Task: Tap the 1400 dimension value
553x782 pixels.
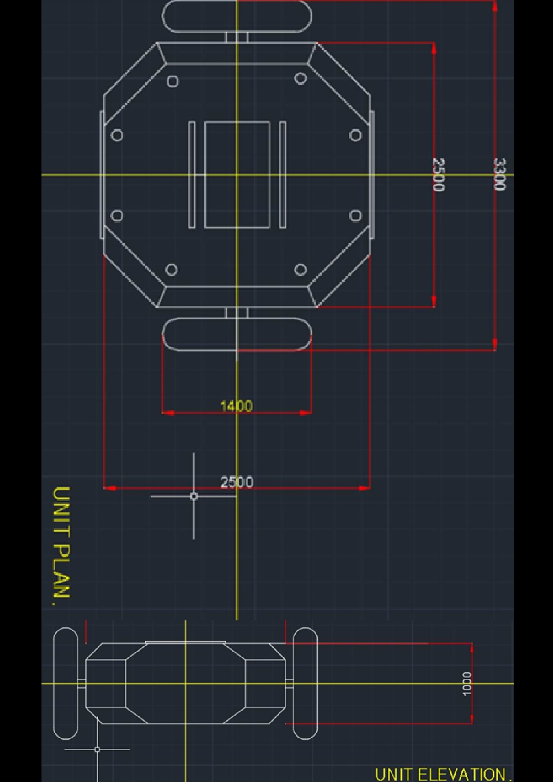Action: pyautogui.click(x=236, y=406)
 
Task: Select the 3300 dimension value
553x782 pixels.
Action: pyautogui.click(x=500, y=174)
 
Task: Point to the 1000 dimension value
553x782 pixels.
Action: pyautogui.click(x=467, y=683)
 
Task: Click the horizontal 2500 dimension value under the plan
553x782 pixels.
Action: pyautogui.click(x=236, y=482)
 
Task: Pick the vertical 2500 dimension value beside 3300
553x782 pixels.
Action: pyautogui.click(x=439, y=175)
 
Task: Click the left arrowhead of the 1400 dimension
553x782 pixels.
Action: pyautogui.click(x=168, y=413)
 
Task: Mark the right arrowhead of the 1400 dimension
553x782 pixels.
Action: pyautogui.click(x=306, y=413)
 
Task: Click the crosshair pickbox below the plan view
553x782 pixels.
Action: pyautogui.click(x=194, y=496)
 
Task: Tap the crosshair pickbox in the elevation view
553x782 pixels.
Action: pyautogui.click(x=97, y=750)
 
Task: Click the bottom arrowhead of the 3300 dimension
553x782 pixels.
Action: pyautogui.click(x=494, y=344)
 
